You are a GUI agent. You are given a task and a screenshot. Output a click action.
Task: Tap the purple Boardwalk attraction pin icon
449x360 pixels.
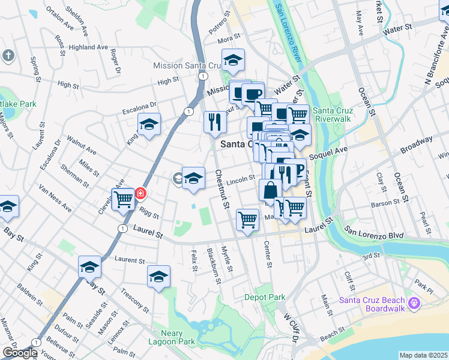coord(413,304)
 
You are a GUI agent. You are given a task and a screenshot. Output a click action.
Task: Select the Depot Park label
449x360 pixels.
coord(265,297)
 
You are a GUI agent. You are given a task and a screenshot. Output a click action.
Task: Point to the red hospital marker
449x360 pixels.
coord(140,193)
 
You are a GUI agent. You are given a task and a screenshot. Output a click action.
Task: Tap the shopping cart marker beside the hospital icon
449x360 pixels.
coord(124,199)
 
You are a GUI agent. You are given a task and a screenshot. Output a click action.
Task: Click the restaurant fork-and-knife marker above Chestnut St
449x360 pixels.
coord(215,122)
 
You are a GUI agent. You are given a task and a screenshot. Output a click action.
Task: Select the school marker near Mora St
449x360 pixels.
coord(233,59)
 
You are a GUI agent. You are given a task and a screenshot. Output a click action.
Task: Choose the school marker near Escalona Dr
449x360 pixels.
coord(149,124)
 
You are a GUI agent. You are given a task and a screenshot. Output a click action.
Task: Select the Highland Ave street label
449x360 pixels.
coord(88,47)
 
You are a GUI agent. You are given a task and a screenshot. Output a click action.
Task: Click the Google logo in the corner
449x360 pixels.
coord(19,353)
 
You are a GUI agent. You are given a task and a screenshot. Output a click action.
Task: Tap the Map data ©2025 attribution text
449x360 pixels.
coord(424,355)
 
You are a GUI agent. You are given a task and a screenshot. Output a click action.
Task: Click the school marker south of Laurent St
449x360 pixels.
coord(158,277)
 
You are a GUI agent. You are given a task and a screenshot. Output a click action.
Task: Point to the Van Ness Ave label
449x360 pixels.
coord(55,199)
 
